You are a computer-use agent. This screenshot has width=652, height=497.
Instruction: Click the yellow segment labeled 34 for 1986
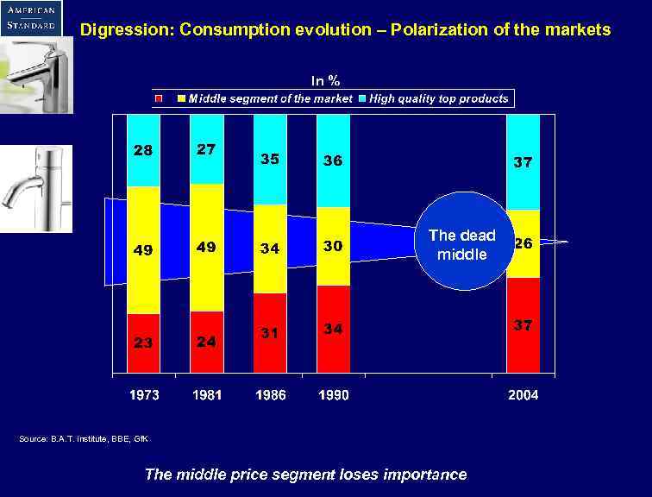(270, 248)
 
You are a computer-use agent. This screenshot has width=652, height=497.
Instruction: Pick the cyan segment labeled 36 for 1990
(333, 160)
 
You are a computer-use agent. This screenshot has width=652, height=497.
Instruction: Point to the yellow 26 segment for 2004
(523, 243)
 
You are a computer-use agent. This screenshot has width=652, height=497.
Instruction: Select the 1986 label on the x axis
(270, 395)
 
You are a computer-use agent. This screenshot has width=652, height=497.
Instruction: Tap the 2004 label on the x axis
(523, 395)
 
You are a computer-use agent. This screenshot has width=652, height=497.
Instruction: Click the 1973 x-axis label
(143, 395)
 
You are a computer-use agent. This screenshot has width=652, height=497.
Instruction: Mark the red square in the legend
(158, 98)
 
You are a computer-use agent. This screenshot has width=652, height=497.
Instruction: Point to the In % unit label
(325, 80)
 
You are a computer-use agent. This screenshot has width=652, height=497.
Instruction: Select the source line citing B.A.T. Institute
(84, 439)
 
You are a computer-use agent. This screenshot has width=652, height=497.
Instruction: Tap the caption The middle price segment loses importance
(305, 474)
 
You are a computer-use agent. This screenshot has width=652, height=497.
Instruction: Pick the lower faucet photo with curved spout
(36, 188)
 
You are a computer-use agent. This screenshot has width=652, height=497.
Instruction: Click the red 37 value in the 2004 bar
(523, 325)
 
